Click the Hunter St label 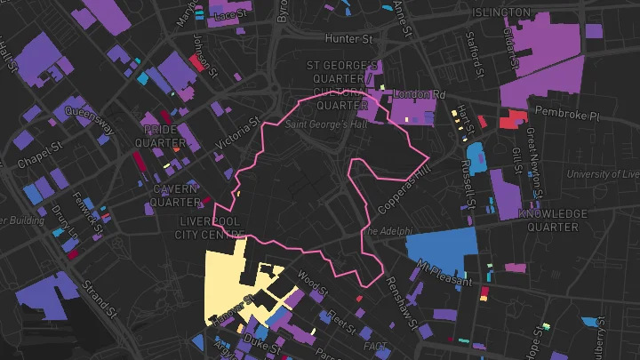coord(348,39)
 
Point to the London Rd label coord(419,94)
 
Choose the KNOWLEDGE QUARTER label coord(553,220)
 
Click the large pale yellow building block coord(227,284)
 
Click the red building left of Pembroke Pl coord(514,118)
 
